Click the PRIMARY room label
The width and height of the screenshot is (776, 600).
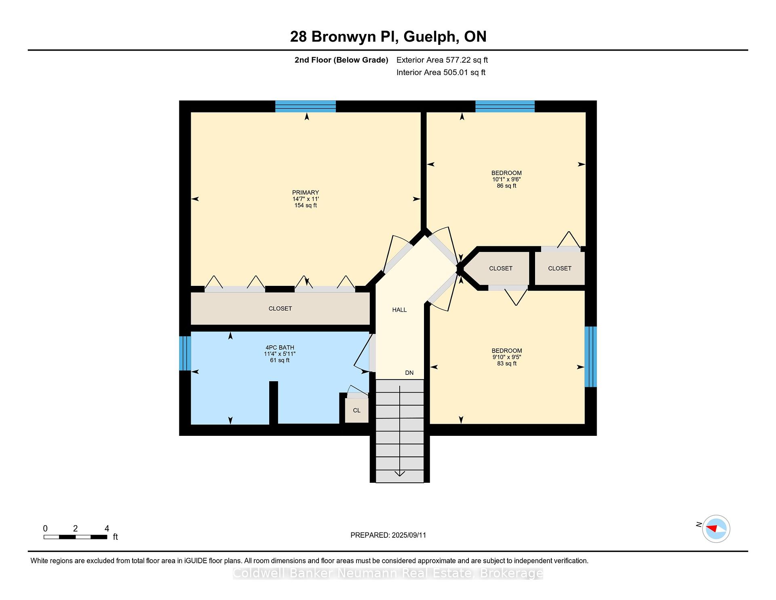click(x=306, y=192)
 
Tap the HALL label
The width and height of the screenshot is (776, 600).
click(x=399, y=310)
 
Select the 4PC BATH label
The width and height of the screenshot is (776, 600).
click(x=280, y=347)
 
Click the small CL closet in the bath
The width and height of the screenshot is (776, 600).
click(x=356, y=410)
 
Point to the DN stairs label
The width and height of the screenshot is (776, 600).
click(x=409, y=373)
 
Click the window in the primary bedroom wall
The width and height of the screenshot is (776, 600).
click(x=306, y=106)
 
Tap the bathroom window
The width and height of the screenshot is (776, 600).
click(x=185, y=353)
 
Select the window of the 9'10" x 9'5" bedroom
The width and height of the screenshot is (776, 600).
click(x=591, y=357)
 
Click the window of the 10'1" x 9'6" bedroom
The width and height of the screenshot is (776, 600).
click(x=505, y=106)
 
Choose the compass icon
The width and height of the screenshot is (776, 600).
click(x=716, y=528)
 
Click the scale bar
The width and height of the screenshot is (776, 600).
click(x=75, y=537)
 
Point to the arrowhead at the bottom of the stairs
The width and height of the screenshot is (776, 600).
click(x=400, y=474)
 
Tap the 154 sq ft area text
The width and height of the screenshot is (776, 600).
click(x=306, y=205)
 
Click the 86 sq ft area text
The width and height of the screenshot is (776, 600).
click(x=506, y=186)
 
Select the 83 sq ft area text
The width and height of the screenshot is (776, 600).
click(x=507, y=363)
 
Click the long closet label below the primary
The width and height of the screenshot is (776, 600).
click(x=280, y=308)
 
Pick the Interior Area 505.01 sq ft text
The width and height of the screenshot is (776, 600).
click(x=441, y=72)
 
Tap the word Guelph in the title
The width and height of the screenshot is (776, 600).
click(x=431, y=37)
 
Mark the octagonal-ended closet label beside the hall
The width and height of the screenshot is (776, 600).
click(x=501, y=268)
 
